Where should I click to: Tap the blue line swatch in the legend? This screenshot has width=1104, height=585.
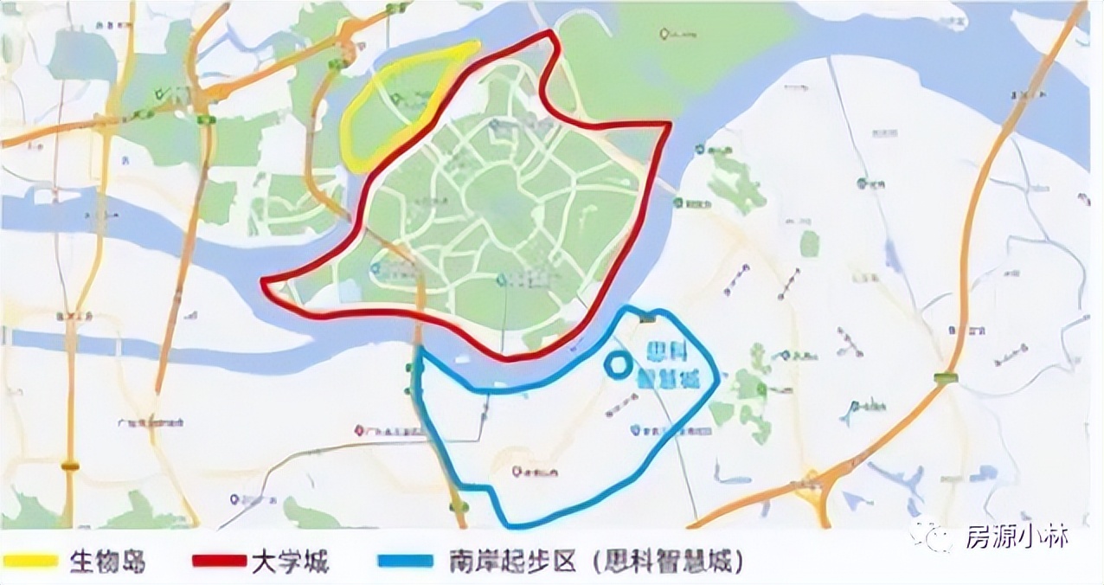(405, 561)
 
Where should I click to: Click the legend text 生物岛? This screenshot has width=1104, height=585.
(107, 562)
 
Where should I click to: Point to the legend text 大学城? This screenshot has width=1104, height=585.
(291, 562)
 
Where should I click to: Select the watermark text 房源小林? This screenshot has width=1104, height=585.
(1017, 538)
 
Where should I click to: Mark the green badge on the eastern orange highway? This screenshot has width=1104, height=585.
(946, 377)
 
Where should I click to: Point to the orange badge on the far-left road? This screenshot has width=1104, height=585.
(70, 466)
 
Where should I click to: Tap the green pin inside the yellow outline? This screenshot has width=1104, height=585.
(397, 100)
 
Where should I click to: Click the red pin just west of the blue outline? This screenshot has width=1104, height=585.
(360, 430)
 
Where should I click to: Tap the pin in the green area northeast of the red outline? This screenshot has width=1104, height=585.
(664, 34)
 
